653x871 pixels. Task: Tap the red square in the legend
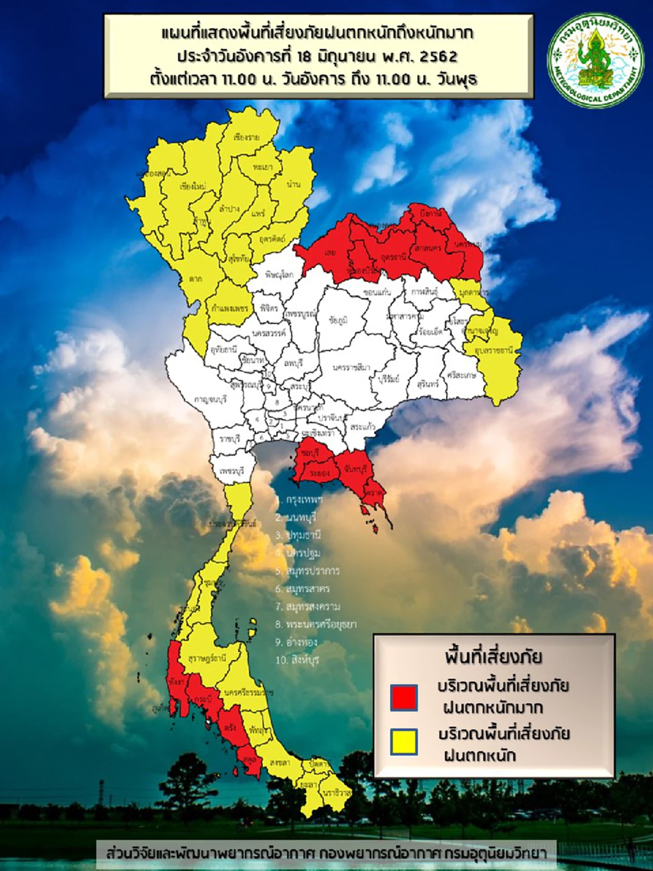click(404, 698)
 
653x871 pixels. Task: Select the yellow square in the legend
click(404, 742)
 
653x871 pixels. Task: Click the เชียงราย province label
click(246, 137)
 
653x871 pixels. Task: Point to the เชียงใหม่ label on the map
click(193, 186)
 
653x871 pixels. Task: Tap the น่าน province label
click(293, 184)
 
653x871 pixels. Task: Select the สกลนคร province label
click(427, 248)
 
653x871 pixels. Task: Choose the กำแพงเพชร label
click(230, 308)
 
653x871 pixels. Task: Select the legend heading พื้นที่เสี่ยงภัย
click(493, 657)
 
